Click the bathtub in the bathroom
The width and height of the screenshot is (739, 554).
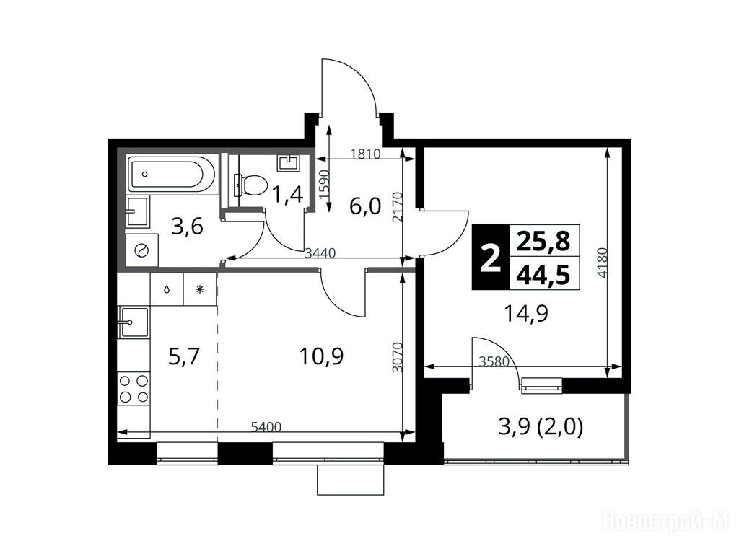pyautogui.click(x=172, y=174)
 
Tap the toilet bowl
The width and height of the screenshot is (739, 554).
pyautogui.click(x=251, y=185)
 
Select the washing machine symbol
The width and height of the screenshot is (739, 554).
pyautogui.click(x=142, y=250)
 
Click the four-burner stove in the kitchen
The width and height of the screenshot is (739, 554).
pyautogui.click(x=134, y=388)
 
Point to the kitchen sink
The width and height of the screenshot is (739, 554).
pyautogui.click(x=134, y=322)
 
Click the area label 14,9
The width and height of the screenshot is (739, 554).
pyautogui.click(x=526, y=313)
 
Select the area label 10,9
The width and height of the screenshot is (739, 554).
pyautogui.click(x=321, y=356)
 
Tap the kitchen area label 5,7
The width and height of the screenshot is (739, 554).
pyautogui.click(x=184, y=356)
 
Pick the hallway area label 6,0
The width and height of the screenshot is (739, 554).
pyautogui.click(x=364, y=206)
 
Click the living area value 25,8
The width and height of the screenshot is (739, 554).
pyautogui.click(x=543, y=241)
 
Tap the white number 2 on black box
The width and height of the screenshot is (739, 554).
pyautogui.click(x=491, y=258)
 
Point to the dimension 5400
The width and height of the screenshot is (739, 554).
pyautogui.click(x=266, y=428)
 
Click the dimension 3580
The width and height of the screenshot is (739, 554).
pyautogui.click(x=494, y=362)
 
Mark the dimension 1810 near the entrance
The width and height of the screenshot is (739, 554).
pyautogui.click(x=365, y=154)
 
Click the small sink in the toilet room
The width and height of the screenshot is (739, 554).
pyautogui.click(x=289, y=162)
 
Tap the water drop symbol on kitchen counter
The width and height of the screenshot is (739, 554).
pyautogui.click(x=167, y=289)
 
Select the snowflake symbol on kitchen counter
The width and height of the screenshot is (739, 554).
pyautogui.click(x=200, y=289)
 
